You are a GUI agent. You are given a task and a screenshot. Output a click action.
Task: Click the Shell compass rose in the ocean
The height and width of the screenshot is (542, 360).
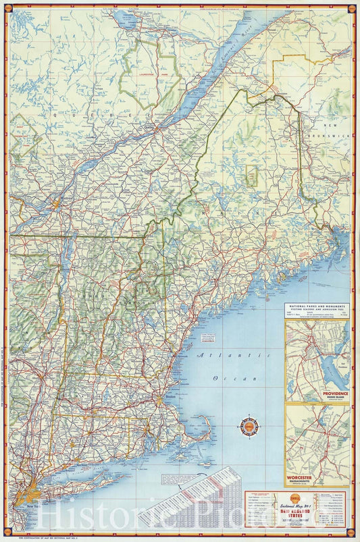point(248,427)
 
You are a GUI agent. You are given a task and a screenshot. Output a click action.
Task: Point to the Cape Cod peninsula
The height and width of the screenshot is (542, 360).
point(203,429)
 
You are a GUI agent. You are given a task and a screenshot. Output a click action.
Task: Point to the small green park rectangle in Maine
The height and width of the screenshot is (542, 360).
point(251,176)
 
